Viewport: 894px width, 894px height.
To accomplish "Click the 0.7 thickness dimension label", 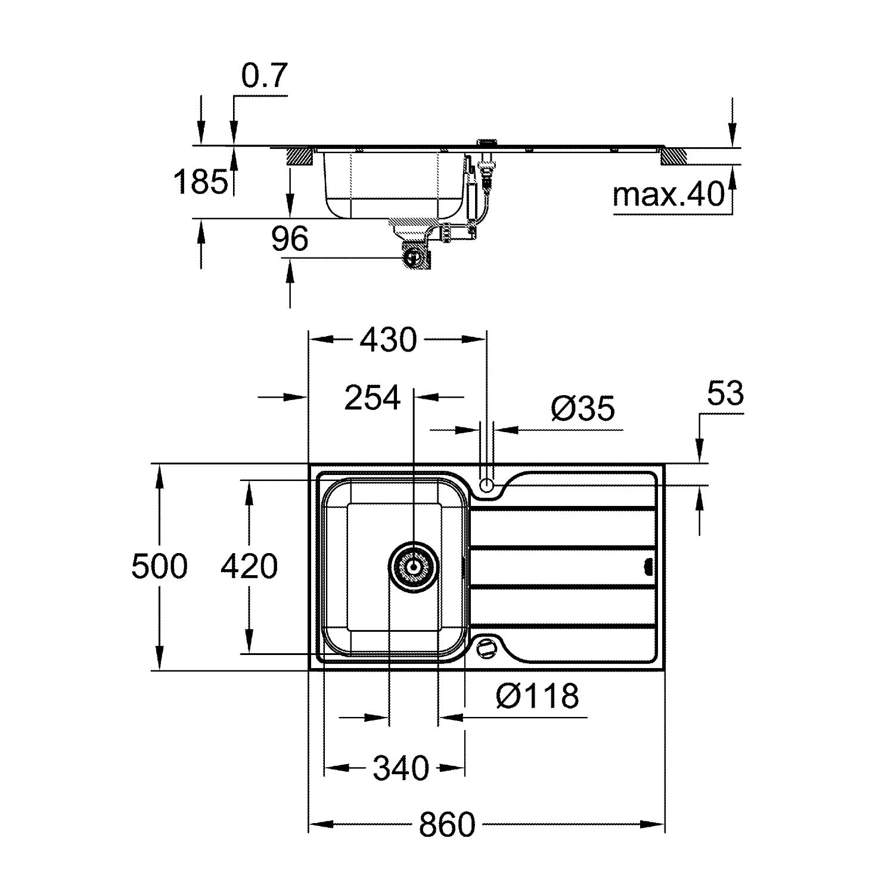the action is point(265,76).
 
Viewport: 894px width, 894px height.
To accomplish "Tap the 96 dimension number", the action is point(290,239).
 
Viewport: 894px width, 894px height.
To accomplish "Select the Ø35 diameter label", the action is point(582,408).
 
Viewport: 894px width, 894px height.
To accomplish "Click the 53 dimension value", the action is point(726,393).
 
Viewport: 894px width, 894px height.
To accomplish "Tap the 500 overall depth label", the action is point(159,566).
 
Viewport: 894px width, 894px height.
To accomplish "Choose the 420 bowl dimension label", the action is point(249,566).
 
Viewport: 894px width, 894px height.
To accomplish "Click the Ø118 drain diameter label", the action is point(537,695).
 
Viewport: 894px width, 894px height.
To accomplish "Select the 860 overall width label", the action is point(447,825).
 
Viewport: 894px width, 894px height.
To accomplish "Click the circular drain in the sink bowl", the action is point(413,567).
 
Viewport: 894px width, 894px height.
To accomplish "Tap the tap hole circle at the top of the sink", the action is point(487,485).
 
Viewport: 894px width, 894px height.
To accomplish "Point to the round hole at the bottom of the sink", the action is point(487,647).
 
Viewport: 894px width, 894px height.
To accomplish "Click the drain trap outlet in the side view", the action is point(413,257).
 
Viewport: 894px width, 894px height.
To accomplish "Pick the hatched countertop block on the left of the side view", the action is point(300,156).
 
